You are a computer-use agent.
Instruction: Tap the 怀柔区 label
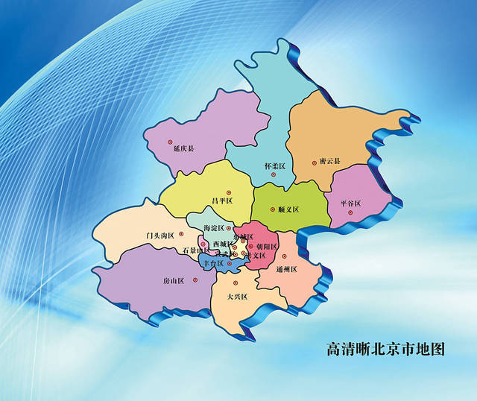point(274,165)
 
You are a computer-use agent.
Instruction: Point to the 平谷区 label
point(350,203)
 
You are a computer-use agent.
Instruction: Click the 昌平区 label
point(222,200)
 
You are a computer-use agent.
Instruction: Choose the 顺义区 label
point(288,209)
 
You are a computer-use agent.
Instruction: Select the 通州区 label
point(286,268)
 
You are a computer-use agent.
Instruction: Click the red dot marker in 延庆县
point(169,141)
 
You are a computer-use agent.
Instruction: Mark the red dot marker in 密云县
point(313,161)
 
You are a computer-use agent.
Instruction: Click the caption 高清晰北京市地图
point(385,349)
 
